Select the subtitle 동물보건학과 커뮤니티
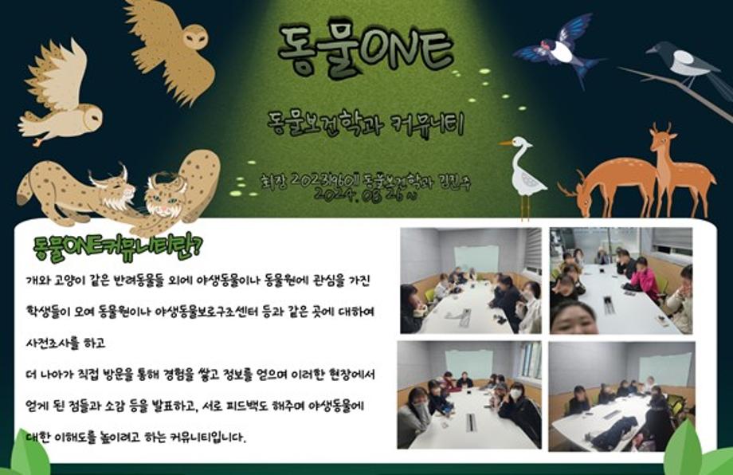pos(366,124)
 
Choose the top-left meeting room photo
pos(470,281)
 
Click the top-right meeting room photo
pos(621,281)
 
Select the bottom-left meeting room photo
pos(470,395)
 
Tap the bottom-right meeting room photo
pos(621,395)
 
